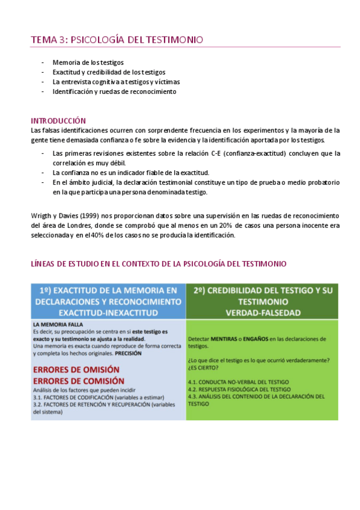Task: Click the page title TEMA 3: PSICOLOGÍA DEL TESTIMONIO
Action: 117,40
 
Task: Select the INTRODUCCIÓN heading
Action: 58,120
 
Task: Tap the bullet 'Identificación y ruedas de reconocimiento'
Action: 114,91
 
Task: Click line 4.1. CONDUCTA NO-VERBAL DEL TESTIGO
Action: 238,382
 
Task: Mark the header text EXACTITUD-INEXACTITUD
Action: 108,313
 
